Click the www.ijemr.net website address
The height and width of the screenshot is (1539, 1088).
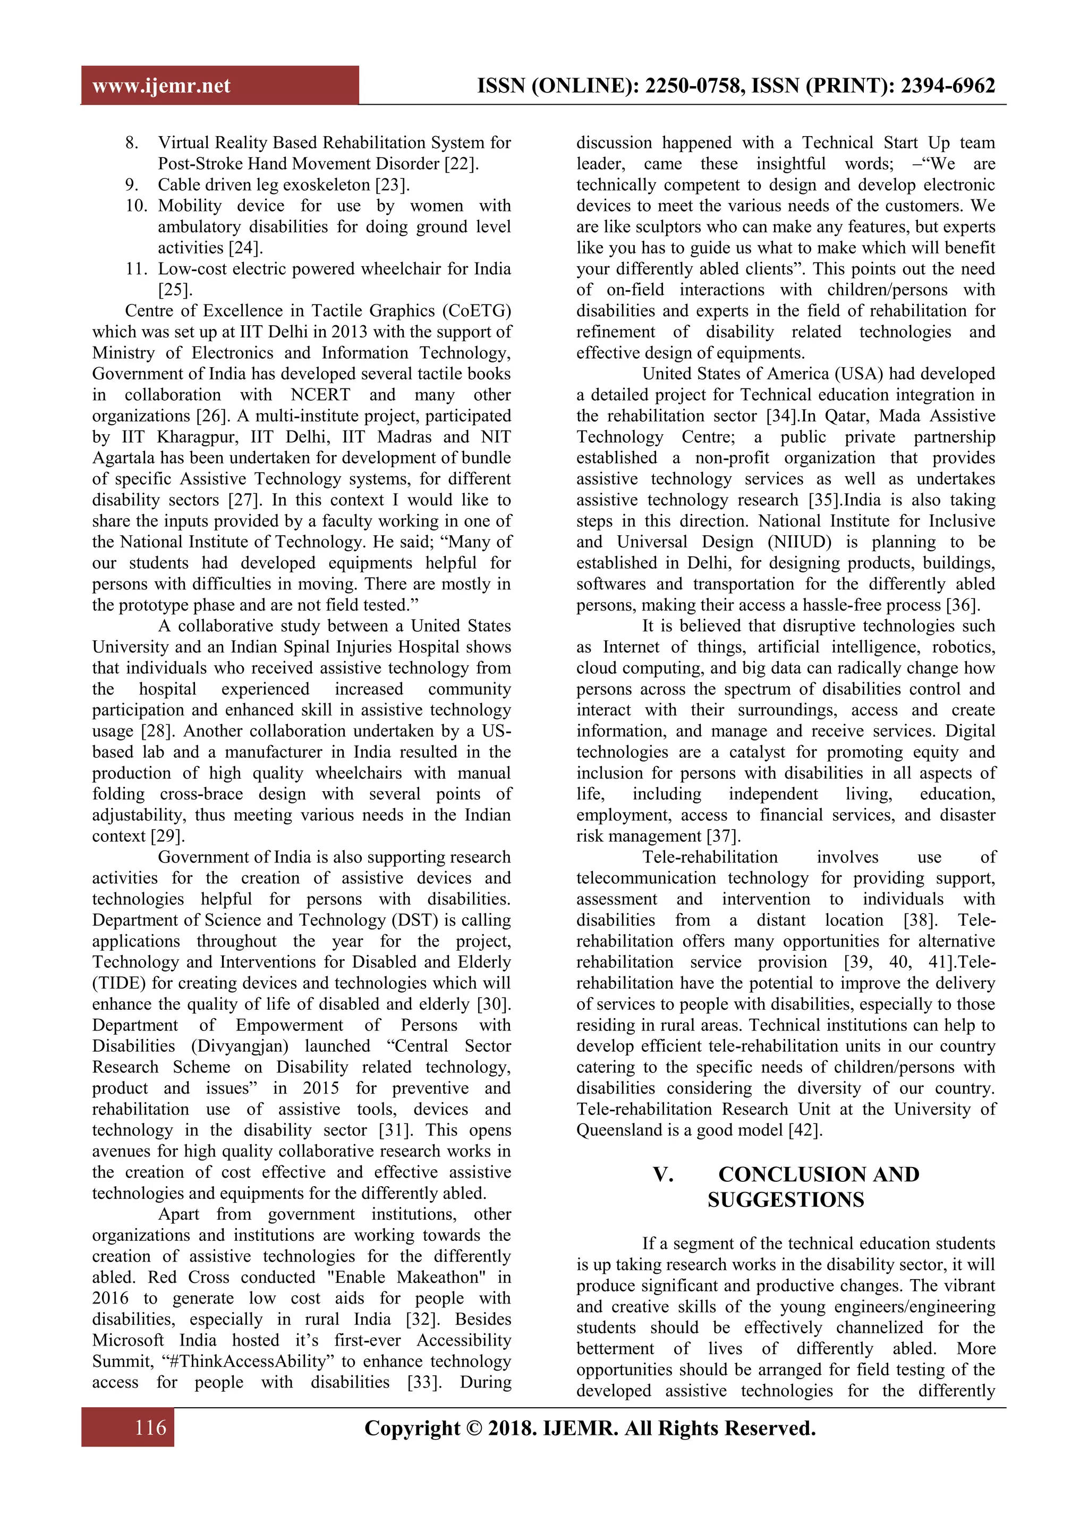click(161, 86)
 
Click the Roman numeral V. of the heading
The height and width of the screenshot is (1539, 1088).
click(662, 1174)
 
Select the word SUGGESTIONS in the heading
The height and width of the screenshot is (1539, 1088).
click(785, 1200)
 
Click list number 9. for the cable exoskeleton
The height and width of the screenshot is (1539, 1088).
click(132, 185)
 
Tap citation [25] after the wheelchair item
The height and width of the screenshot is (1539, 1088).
click(175, 290)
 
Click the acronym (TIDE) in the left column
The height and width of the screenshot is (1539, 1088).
click(118, 983)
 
